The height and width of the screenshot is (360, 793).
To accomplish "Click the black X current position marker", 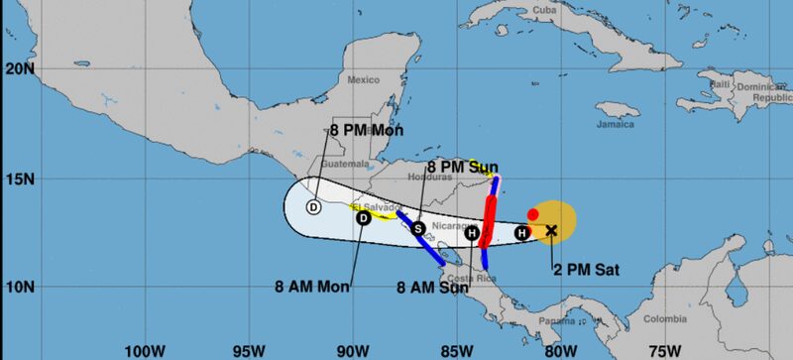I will pos(552,231).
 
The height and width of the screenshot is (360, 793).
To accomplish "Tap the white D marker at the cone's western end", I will pos(313,207).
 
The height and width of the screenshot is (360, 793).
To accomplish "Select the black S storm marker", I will pos(418,228).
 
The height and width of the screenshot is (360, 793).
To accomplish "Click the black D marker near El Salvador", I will pos(363,218).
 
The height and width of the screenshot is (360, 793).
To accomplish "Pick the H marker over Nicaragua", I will pos(473,234).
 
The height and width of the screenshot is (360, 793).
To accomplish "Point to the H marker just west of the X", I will pos(521,233).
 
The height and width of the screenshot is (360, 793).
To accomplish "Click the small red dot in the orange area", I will pos(533,213).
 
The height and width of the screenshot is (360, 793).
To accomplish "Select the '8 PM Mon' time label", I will pos(363,130).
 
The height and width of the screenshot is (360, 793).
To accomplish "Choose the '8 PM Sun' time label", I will pos(463,166).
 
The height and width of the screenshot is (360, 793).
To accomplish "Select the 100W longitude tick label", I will pos(146,350).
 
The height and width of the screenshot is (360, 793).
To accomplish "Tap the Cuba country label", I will pos(572,11).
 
